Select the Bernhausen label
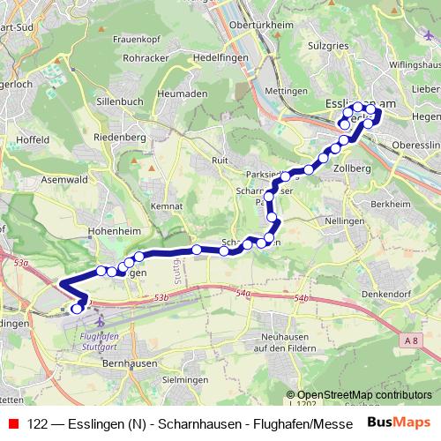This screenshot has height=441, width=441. click(x=129, y=363)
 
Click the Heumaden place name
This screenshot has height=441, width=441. click(x=183, y=93)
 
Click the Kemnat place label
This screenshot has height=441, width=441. click(x=166, y=206)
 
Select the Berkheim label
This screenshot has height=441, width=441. click(x=397, y=178)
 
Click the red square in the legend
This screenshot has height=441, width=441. click(x=12, y=422)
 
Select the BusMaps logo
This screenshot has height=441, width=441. click(x=400, y=422)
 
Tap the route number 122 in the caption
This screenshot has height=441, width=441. click(x=38, y=422)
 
